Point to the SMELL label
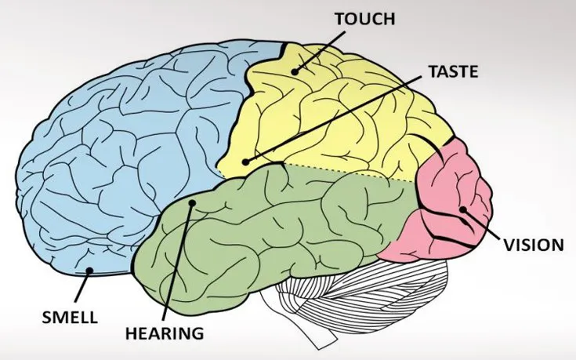tap(71, 318)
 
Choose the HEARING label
tap(165, 333)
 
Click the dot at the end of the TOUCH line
tap(295, 71)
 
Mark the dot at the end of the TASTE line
tap(246, 162)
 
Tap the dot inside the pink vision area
tap(463, 209)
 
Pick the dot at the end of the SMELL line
tap(90, 271)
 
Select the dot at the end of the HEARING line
tap(192, 204)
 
